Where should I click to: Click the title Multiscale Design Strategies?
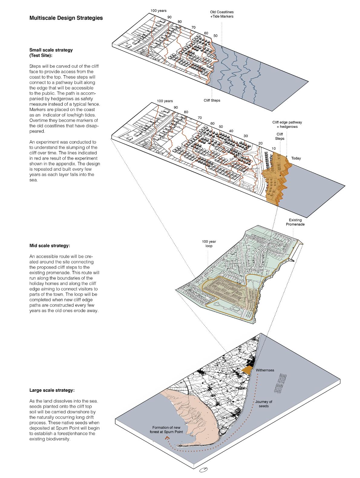[x=66, y=18]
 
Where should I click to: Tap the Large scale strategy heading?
[x=52, y=390]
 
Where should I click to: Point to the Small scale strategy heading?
[x=51, y=53]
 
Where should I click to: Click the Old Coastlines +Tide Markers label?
[x=222, y=14]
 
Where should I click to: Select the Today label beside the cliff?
[x=296, y=158]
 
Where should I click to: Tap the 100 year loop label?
[x=208, y=244]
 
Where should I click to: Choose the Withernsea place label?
[x=265, y=370]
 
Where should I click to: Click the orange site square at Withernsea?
[x=248, y=370]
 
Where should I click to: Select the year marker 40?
[x=231, y=131]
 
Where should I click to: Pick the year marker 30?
[x=246, y=136]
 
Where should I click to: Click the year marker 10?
[x=273, y=148]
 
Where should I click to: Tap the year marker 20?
[x=260, y=143]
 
